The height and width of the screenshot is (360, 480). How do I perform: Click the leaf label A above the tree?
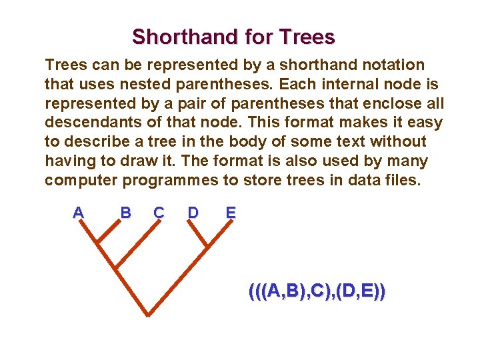[78, 213]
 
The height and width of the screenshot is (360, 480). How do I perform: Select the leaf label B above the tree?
[125, 213]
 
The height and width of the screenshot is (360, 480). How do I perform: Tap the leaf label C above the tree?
[159, 213]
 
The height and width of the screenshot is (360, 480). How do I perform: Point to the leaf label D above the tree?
[193, 213]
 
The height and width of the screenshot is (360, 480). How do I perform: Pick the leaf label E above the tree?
[231, 213]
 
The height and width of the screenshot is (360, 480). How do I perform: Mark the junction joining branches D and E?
[207, 245]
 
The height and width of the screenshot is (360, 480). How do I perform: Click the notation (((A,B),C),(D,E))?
[317, 291]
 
